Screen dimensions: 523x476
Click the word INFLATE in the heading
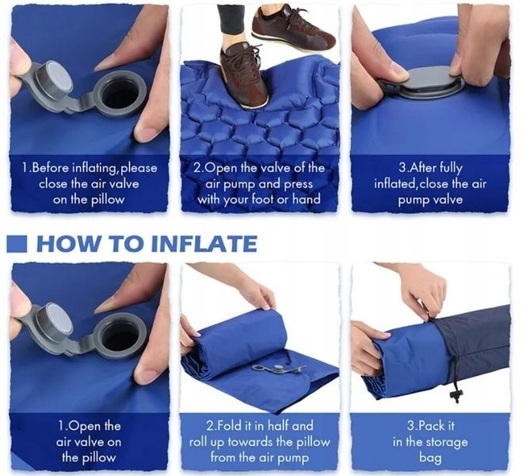tap(204, 244)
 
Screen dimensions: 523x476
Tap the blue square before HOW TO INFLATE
tap(17, 244)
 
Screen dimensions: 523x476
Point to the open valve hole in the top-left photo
tap(118, 94)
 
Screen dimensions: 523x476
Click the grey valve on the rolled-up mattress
tap(278, 369)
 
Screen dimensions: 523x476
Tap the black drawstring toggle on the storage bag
tap(456, 395)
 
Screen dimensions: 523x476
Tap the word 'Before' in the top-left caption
tap(51, 167)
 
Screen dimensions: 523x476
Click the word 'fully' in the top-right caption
tap(449, 167)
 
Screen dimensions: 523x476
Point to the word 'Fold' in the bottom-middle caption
tap(231, 426)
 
